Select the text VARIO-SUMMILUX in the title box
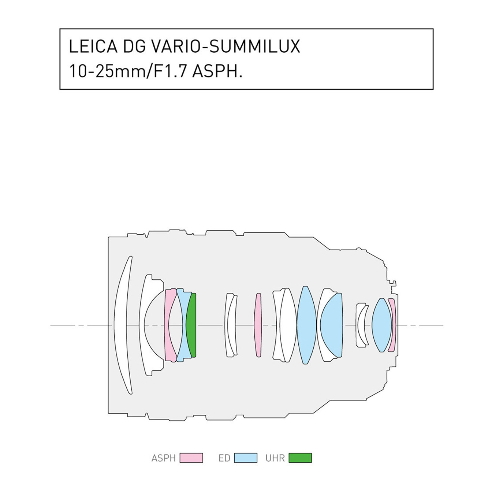pos(225,46)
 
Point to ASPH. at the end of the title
pos(217,71)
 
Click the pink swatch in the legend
pos(191,458)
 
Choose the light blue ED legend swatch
pos(245,458)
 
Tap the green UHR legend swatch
pos(300,458)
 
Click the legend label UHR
pos(275,458)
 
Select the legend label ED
pos(224,458)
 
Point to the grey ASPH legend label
pos(164,458)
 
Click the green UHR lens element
pos(192,325)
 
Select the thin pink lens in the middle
pos(258,325)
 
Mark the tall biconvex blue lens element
pos(306,325)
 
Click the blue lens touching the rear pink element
pos(381,325)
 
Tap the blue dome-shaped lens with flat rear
pos(332,325)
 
